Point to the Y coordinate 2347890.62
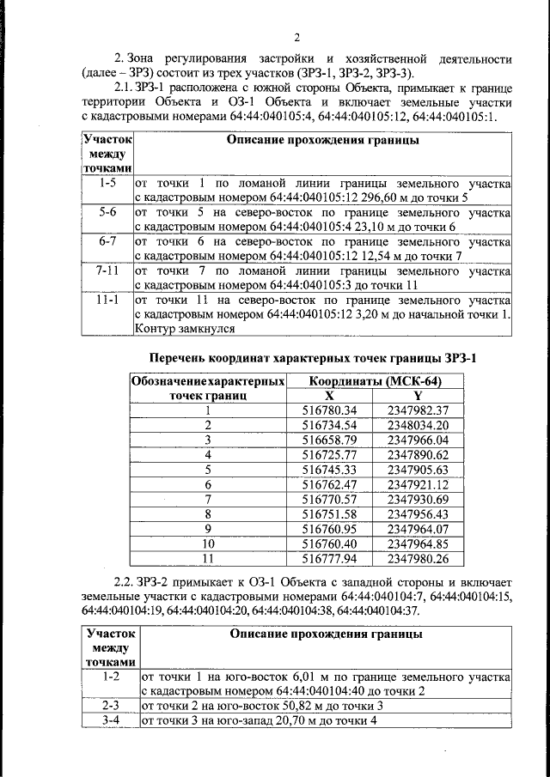418,454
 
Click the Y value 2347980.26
418,558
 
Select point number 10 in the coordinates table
207,543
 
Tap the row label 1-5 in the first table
107,183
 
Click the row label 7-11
107,270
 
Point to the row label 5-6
107,212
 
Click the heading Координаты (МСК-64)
376,381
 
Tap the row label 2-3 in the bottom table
110,705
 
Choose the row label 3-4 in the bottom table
110,719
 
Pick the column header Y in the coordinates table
418,395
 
